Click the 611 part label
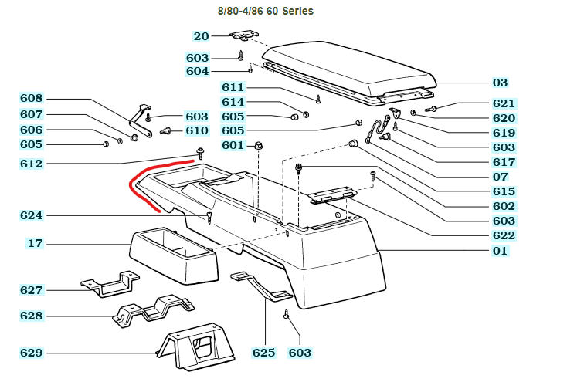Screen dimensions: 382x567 point(233,87)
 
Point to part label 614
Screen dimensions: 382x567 point(233,102)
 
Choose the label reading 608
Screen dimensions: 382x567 point(32,99)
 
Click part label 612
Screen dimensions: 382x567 point(32,164)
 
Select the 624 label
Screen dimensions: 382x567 point(32,215)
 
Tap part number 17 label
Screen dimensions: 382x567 point(36,244)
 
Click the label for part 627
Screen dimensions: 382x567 point(32,290)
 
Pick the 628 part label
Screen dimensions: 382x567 point(32,316)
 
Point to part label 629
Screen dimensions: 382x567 point(32,353)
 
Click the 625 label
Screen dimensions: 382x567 point(263,353)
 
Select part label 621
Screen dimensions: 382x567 point(503,103)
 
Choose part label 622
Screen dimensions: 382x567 point(503,235)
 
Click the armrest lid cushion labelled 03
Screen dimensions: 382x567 point(348,69)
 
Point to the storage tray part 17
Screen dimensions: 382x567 point(171,255)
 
